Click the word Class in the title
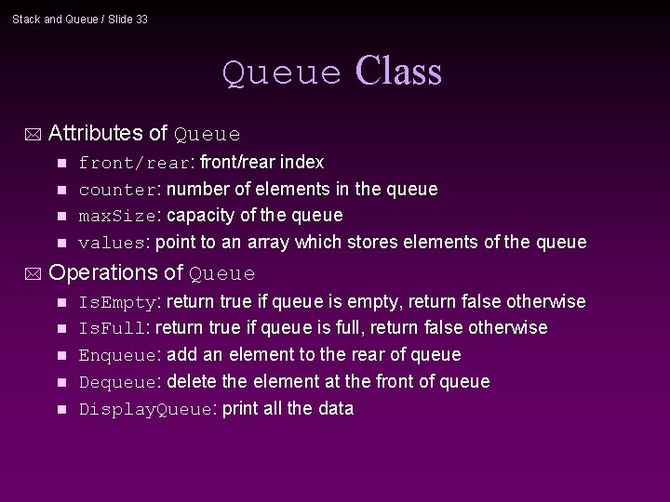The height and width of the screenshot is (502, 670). tap(398, 72)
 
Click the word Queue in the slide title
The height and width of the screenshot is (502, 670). tap(283, 73)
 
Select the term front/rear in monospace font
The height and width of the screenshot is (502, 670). tap(134, 164)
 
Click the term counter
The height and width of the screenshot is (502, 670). tap(117, 190)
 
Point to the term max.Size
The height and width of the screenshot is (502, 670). tap(116, 216)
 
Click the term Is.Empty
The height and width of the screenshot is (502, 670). tap(118, 303)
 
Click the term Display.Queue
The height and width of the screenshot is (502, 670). tap(145, 410)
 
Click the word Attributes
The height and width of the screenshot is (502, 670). tap(95, 133)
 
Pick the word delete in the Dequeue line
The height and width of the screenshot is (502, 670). tap(192, 382)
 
